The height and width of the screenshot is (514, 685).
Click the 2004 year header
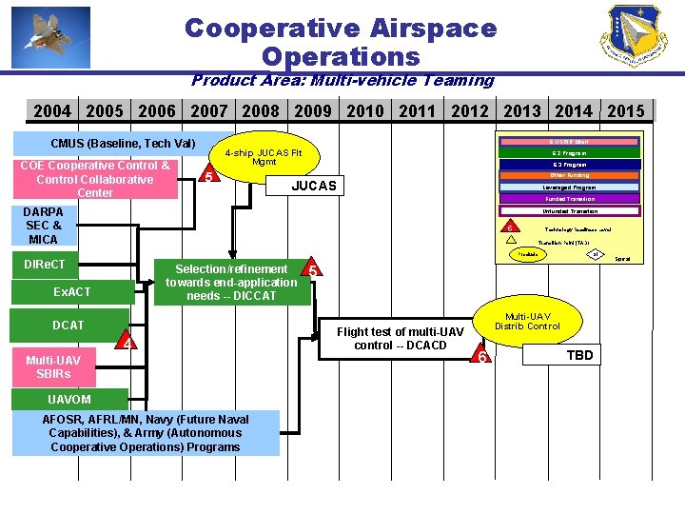52,111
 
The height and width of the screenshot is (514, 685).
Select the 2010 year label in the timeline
365,111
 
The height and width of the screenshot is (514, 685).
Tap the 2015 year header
625,111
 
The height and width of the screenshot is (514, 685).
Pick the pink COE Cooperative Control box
94,180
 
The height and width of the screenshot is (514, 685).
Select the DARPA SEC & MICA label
44,226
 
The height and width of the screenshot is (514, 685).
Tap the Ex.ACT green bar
72,291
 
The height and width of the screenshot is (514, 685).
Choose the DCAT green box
68,326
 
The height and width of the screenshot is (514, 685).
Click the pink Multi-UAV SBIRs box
53,366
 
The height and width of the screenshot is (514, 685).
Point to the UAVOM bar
69,400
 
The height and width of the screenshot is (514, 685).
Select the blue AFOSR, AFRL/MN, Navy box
147,433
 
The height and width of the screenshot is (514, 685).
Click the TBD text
579,356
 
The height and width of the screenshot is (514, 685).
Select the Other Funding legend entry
570,176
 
